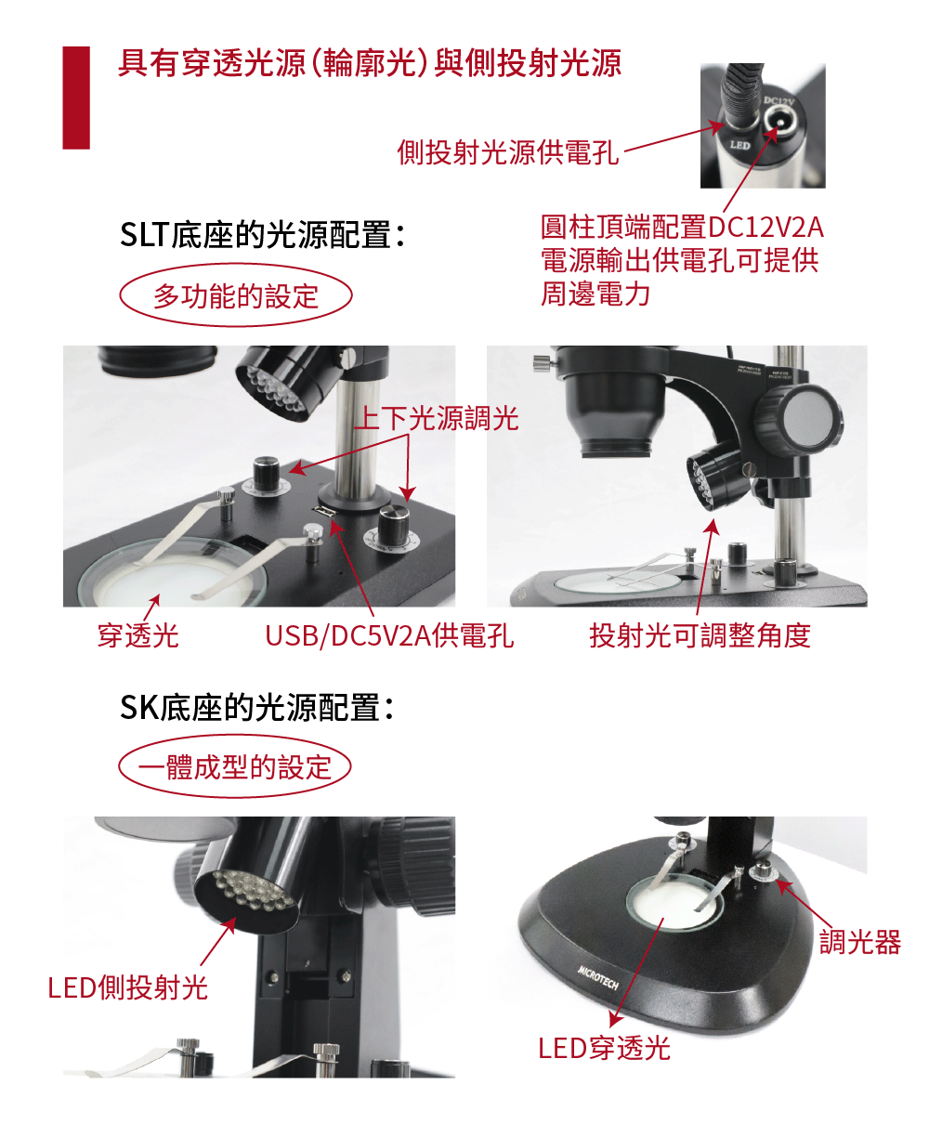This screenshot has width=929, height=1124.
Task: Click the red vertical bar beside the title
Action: point(76,98)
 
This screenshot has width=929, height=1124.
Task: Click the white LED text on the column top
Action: point(740,145)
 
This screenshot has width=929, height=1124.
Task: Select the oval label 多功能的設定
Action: point(236,295)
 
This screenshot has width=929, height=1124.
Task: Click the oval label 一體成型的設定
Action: point(235,766)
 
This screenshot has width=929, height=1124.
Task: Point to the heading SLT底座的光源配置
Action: point(262,235)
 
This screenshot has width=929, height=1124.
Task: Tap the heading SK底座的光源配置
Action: point(257,707)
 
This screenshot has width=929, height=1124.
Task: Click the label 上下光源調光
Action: point(437,418)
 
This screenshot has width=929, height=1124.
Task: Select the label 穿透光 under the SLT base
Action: point(137,635)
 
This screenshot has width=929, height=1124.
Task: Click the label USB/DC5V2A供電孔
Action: point(389,635)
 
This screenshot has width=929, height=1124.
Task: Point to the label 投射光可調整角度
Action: point(700,635)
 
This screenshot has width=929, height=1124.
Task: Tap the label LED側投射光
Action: point(127,987)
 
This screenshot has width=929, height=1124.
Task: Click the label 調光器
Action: point(860,942)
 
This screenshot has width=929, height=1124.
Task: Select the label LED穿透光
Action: point(604,1048)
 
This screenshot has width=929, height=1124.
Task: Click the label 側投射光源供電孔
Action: point(508,151)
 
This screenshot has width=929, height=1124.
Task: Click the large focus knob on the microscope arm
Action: point(799,418)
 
